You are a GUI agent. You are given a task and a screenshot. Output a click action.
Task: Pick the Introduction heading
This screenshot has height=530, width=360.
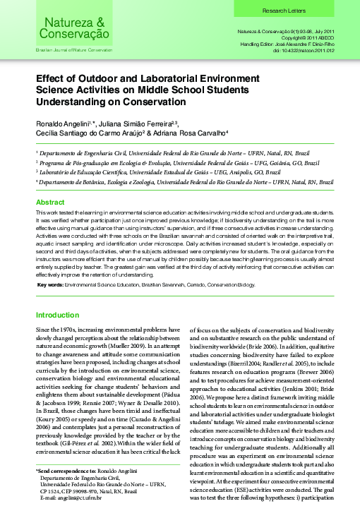(57, 315)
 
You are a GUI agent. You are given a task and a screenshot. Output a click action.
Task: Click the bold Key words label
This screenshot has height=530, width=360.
(49, 285)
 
